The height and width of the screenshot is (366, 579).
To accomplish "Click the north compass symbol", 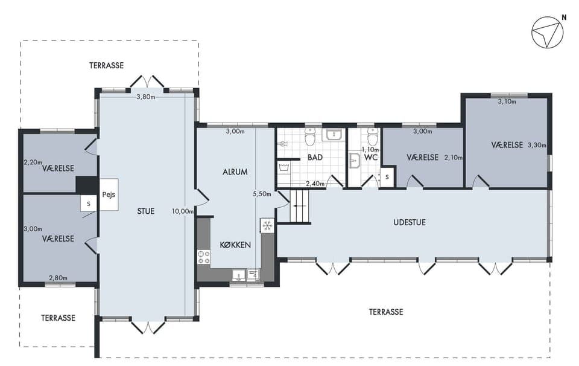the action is click(547, 32).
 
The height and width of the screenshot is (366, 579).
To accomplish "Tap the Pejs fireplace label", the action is click(109, 194).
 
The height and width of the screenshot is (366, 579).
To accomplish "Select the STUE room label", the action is click(145, 211).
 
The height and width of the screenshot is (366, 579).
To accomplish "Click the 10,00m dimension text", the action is click(182, 211).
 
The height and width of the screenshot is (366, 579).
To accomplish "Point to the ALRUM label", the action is click(235, 172).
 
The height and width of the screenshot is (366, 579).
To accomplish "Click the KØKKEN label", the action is click(235, 245).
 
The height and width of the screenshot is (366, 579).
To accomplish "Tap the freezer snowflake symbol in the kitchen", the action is click(267, 225).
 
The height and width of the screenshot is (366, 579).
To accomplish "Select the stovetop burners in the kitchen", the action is click(203, 257).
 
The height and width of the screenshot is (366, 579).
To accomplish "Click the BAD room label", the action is click(315, 158).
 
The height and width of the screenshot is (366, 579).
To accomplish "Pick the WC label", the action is click(371, 158).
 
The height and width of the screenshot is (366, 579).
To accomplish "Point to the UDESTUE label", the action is click(409, 222).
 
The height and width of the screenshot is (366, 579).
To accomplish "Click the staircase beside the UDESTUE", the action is click(299, 207).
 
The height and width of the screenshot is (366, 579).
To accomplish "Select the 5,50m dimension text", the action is click(262, 194).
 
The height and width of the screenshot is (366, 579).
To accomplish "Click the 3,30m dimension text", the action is click(537, 146).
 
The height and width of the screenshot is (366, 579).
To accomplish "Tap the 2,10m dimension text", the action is click(454, 158).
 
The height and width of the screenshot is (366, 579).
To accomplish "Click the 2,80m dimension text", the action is click(59, 278).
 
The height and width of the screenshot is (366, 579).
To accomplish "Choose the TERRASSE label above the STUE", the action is click(106, 65).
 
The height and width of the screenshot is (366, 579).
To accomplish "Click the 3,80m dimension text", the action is click(145, 97).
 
